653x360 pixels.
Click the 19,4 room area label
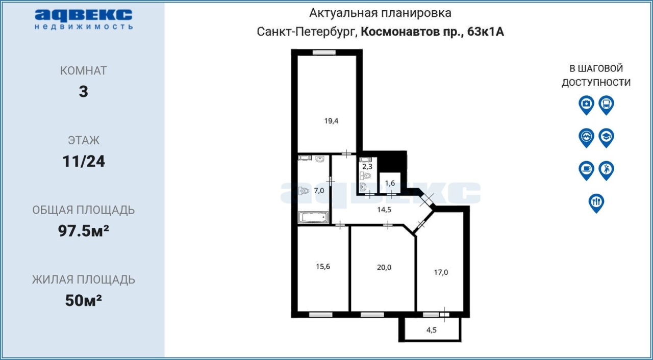click(331, 120)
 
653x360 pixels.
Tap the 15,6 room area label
click(323, 267)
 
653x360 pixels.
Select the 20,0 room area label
click(384, 267)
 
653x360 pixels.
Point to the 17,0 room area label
click(441, 272)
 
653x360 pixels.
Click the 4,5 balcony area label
click(432, 330)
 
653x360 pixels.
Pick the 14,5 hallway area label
click(384, 210)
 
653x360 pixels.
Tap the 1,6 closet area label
click(390, 183)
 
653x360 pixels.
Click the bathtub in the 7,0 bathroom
click(313, 217)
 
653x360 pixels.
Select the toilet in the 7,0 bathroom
click(304, 191)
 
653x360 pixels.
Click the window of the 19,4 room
click(324, 53)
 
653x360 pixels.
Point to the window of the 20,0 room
click(372, 315)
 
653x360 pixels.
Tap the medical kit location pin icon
click(586, 105)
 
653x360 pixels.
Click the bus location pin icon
click(607, 105)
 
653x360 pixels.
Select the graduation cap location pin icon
click(607, 138)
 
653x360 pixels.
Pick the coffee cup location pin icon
click(586, 171)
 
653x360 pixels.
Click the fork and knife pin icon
click(596, 203)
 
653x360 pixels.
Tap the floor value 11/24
click(84, 161)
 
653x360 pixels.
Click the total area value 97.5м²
click(84, 230)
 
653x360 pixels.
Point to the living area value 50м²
click(84, 300)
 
